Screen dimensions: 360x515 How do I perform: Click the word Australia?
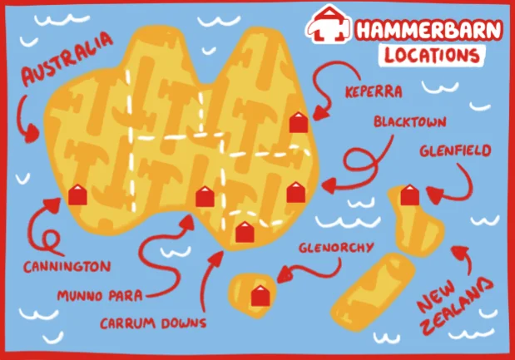coord(66,60)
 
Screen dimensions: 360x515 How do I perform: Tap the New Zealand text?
coord(453,307)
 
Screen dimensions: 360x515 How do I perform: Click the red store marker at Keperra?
coord(298,122)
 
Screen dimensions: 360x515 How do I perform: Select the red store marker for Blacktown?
coord(296,192)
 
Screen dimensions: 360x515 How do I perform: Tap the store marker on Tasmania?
coord(260,295)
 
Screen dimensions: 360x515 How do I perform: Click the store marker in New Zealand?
coord(408,195)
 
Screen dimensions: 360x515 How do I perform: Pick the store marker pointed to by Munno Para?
coord(205,196)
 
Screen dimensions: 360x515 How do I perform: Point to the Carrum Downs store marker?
coord(243,232)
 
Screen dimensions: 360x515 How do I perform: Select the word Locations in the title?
coord(433,55)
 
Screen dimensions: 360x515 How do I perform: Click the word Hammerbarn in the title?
coord(428,29)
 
